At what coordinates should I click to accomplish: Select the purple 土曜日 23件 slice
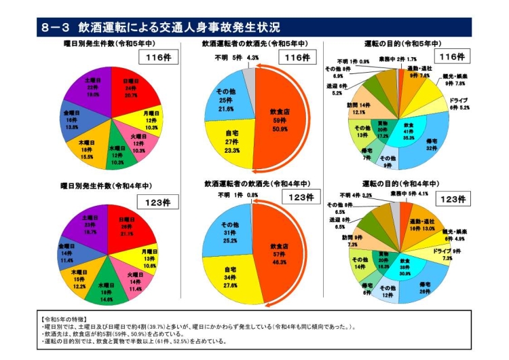pos(92,224)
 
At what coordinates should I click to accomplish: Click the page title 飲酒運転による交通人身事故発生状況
pos(179,27)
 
